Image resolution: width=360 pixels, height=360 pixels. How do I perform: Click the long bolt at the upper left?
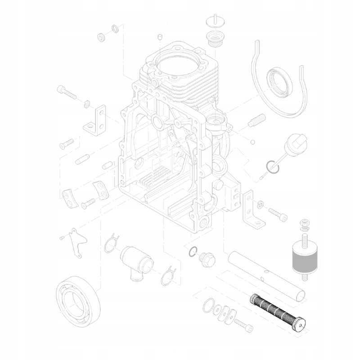(67, 93)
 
